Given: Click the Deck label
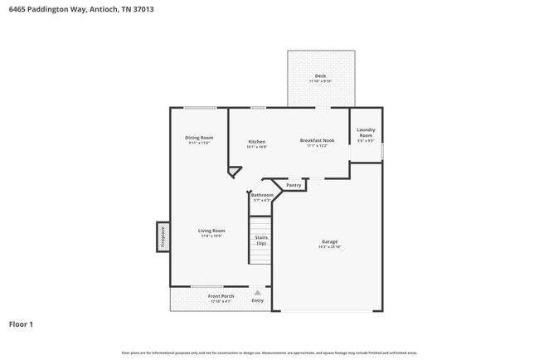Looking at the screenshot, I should pyautogui.click(x=320, y=76).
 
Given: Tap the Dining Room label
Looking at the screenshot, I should pyautogui.click(x=199, y=138).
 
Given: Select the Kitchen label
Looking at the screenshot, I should pyautogui.click(x=257, y=142).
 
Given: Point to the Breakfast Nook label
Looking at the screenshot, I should pyautogui.click(x=317, y=141).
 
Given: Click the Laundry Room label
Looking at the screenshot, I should pyautogui.click(x=366, y=133).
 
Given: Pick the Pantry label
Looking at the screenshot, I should pyautogui.click(x=294, y=185).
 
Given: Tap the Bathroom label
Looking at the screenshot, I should pyautogui.click(x=262, y=195).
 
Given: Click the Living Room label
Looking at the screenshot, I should pyautogui.click(x=211, y=231).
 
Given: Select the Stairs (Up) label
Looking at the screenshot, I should pyautogui.click(x=261, y=240).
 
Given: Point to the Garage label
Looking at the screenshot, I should pyautogui.click(x=330, y=242).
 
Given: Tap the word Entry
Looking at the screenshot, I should pyautogui.click(x=258, y=300).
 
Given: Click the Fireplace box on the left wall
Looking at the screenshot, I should pyautogui.click(x=163, y=236).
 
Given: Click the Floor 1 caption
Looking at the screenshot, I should pyautogui.click(x=21, y=324).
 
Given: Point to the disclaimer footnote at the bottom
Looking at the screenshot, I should pyautogui.click(x=269, y=353).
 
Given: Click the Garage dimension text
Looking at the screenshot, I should pyautogui.click(x=330, y=247).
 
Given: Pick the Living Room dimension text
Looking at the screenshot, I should pyautogui.click(x=211, y=236).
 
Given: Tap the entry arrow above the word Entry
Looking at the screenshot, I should pyautogui.click(x=258, y=293).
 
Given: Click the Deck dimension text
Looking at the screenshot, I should pyautogui.click(x=320, y=81).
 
